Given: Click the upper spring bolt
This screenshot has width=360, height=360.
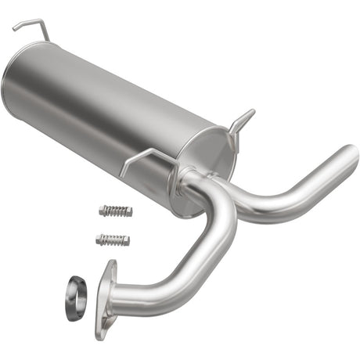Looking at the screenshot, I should pyautogui.click(x=116, y=211).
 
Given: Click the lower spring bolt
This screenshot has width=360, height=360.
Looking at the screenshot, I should pyautogui.click(x=113, y=239).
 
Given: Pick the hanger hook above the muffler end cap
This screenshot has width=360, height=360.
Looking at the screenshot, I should pyautogui.click(x=241, y=120).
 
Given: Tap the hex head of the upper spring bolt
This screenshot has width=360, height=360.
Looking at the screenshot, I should pyautogui.click(x=103, y=210).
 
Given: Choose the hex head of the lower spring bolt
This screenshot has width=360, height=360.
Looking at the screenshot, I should pyautogui.click(x=99, y=238).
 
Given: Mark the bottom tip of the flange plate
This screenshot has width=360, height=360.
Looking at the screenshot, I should pyautogui.click(x=100, y=334).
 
